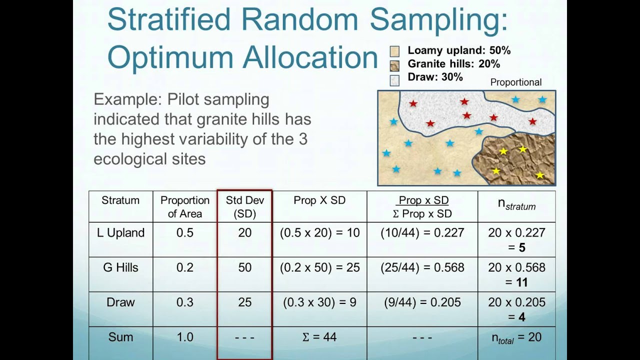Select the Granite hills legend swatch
point(394,65)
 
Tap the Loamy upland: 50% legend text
point(459,50)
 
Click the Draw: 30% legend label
point(435,77)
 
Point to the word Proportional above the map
point(515,82)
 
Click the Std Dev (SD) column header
point(244,206)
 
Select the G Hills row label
point(120,267)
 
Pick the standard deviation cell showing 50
point(244,267)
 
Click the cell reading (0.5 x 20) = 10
point(319,232)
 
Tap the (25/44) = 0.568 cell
point(422,267)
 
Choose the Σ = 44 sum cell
point(319,337)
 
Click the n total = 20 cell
point(516,337)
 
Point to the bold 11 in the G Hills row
point(521,282)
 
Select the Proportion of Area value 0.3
point(184,302)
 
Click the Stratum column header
point(120,200)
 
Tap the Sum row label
point(120,337)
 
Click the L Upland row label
point(120,232)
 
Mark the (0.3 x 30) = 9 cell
point(319,302)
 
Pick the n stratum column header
point(516,205)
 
